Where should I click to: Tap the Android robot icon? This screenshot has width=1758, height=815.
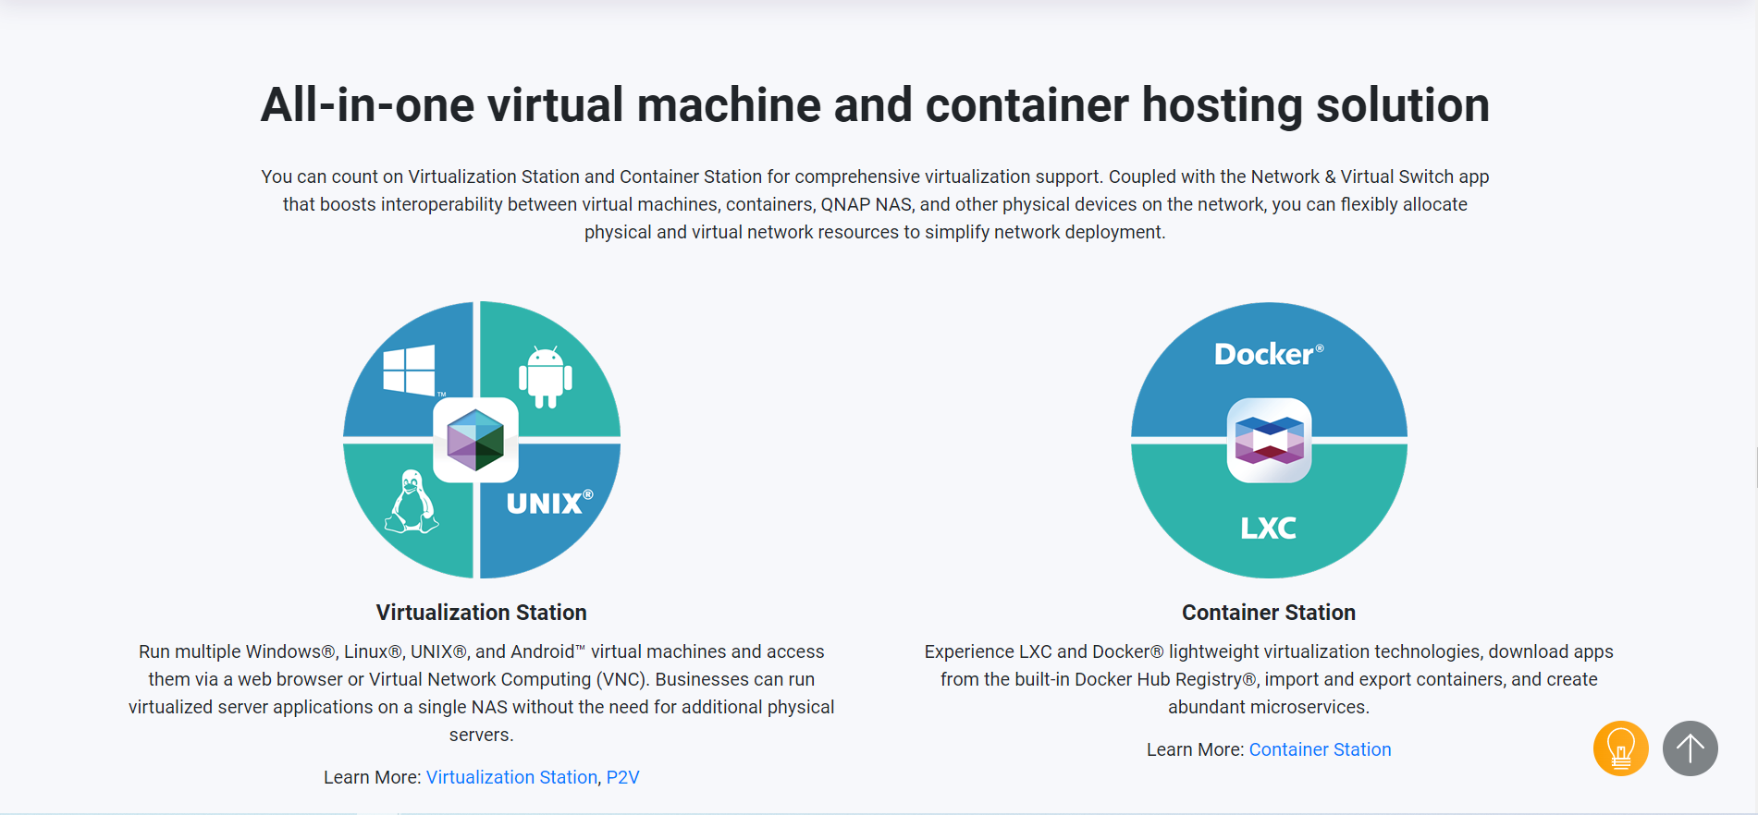pyautogui.click(x=546, y=377)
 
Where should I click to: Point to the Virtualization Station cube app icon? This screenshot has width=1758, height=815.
pyautogui.click(x=475, y=440)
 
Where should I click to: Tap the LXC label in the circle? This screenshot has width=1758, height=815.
pyautogui.click(x=1268, y=528)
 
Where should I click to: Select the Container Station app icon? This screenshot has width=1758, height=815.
pyautogui.click(x=1269, y=440)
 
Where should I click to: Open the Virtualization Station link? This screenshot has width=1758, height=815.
pyautogui.click(x=511, y=777)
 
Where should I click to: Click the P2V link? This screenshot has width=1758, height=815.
pyautogui.click(x=622, y=777)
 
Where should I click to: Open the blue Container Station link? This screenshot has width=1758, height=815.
pyautogui.click(x=1320, y=749)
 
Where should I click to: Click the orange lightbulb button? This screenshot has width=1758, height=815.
pyautogui.click(x=1620, y=748)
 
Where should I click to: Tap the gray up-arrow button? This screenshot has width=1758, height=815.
pyautogui.click(x=1690, y=748)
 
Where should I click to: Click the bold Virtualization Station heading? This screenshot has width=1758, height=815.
pyautogui.click(x=481, y=613)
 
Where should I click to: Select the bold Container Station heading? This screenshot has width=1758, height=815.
pyautogui.click(x=1268, y=613)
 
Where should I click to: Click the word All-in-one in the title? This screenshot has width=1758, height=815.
pyautogui.click(x=367, y=105)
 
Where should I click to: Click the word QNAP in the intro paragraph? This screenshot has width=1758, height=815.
pyautogui.click(x=845, y=204)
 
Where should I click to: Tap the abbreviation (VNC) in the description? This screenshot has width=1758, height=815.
pyautogui.click(x=621, y=679)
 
